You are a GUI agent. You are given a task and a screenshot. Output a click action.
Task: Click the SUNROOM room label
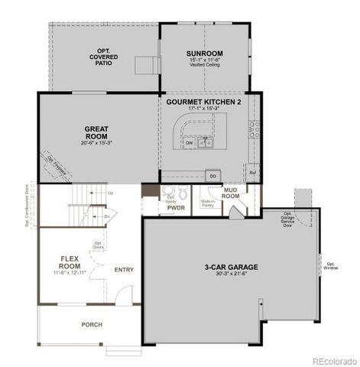(203, 54)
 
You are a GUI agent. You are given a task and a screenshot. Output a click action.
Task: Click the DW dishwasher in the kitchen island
(189, 142)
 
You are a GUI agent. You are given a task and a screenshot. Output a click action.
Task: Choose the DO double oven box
(213, 175)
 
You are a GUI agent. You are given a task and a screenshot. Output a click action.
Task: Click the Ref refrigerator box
(252, 173)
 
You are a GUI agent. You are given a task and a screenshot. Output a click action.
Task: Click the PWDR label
(176, 207)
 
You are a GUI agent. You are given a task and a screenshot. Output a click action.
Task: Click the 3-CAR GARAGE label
(231, 267)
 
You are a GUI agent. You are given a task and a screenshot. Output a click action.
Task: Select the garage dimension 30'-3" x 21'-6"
(231, 274)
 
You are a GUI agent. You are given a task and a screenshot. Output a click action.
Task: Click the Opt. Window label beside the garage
(331, 265)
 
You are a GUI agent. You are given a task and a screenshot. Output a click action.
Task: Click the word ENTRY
(123, 269)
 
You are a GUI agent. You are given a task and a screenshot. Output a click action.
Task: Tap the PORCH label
(92, 324)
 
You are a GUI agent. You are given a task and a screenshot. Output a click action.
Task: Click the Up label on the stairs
(111, 193)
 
